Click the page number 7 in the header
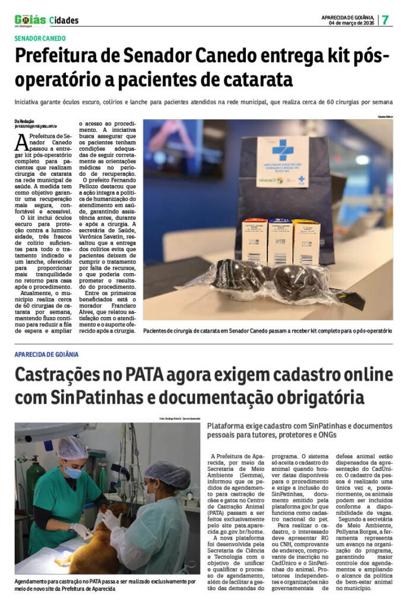click(385, 19)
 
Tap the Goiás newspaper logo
click(30, 20)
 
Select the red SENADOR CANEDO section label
click(40, 39)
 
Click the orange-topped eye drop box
click(254, 241)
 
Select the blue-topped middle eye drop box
click(280, 241)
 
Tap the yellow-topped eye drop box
click(306, 241)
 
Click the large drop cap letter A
click(21, 142)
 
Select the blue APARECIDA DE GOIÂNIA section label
click(47, 354)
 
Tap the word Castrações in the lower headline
click(62, 375)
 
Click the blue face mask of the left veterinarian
click(72, 473)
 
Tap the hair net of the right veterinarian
click(167, 473)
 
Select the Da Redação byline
click(26, 121)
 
